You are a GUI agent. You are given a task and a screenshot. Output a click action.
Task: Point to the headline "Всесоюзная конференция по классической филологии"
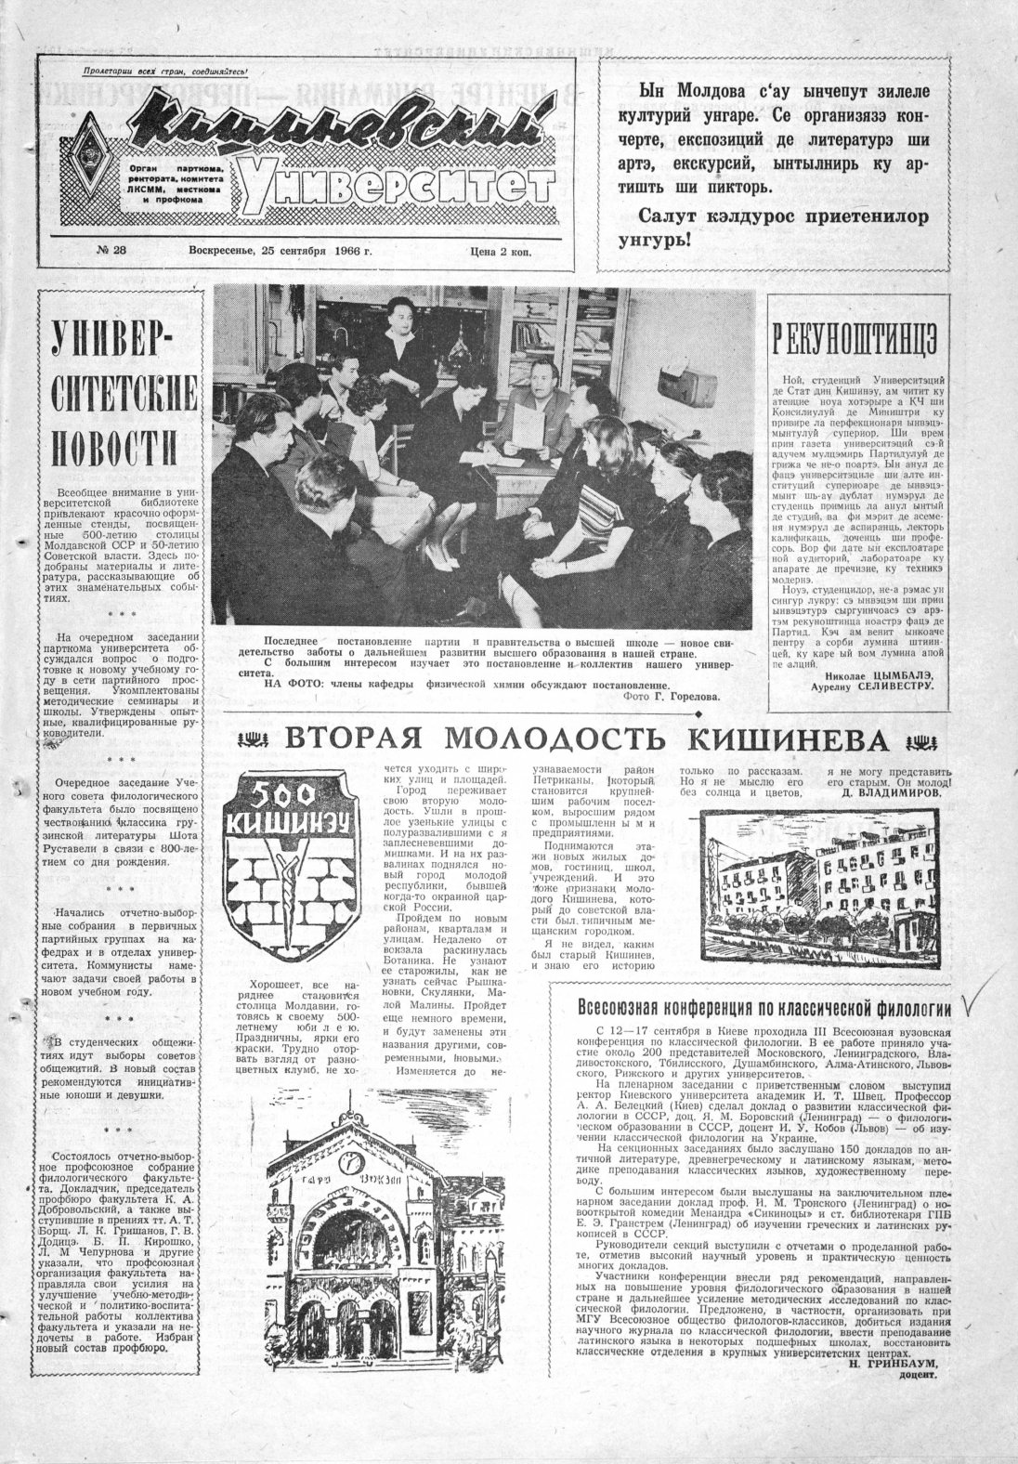[763, 1007]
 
